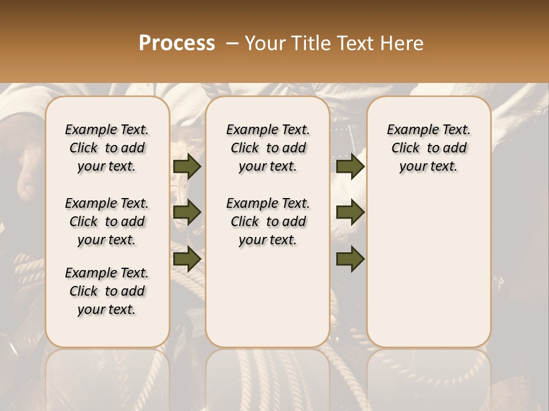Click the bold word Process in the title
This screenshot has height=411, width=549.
point(177,43)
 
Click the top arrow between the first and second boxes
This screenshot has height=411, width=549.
point(187,166)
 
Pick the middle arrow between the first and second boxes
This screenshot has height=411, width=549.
point(187,212)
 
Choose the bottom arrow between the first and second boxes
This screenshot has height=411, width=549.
point(187,259)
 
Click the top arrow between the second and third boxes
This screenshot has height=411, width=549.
point(350,166)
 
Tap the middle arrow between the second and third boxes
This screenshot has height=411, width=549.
point(350,212)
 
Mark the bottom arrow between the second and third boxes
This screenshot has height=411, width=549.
point(350,259)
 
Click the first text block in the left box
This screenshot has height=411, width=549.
point(107,148)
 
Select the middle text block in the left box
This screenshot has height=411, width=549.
point(107,221)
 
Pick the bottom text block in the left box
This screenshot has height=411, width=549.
point(107,291)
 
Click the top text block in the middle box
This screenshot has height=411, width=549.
point(268,148)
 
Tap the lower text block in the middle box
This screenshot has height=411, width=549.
point(268,221)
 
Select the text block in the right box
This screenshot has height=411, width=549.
point(429,148)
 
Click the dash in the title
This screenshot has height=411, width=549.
point(232,43)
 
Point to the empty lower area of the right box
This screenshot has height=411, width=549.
point(429,263)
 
